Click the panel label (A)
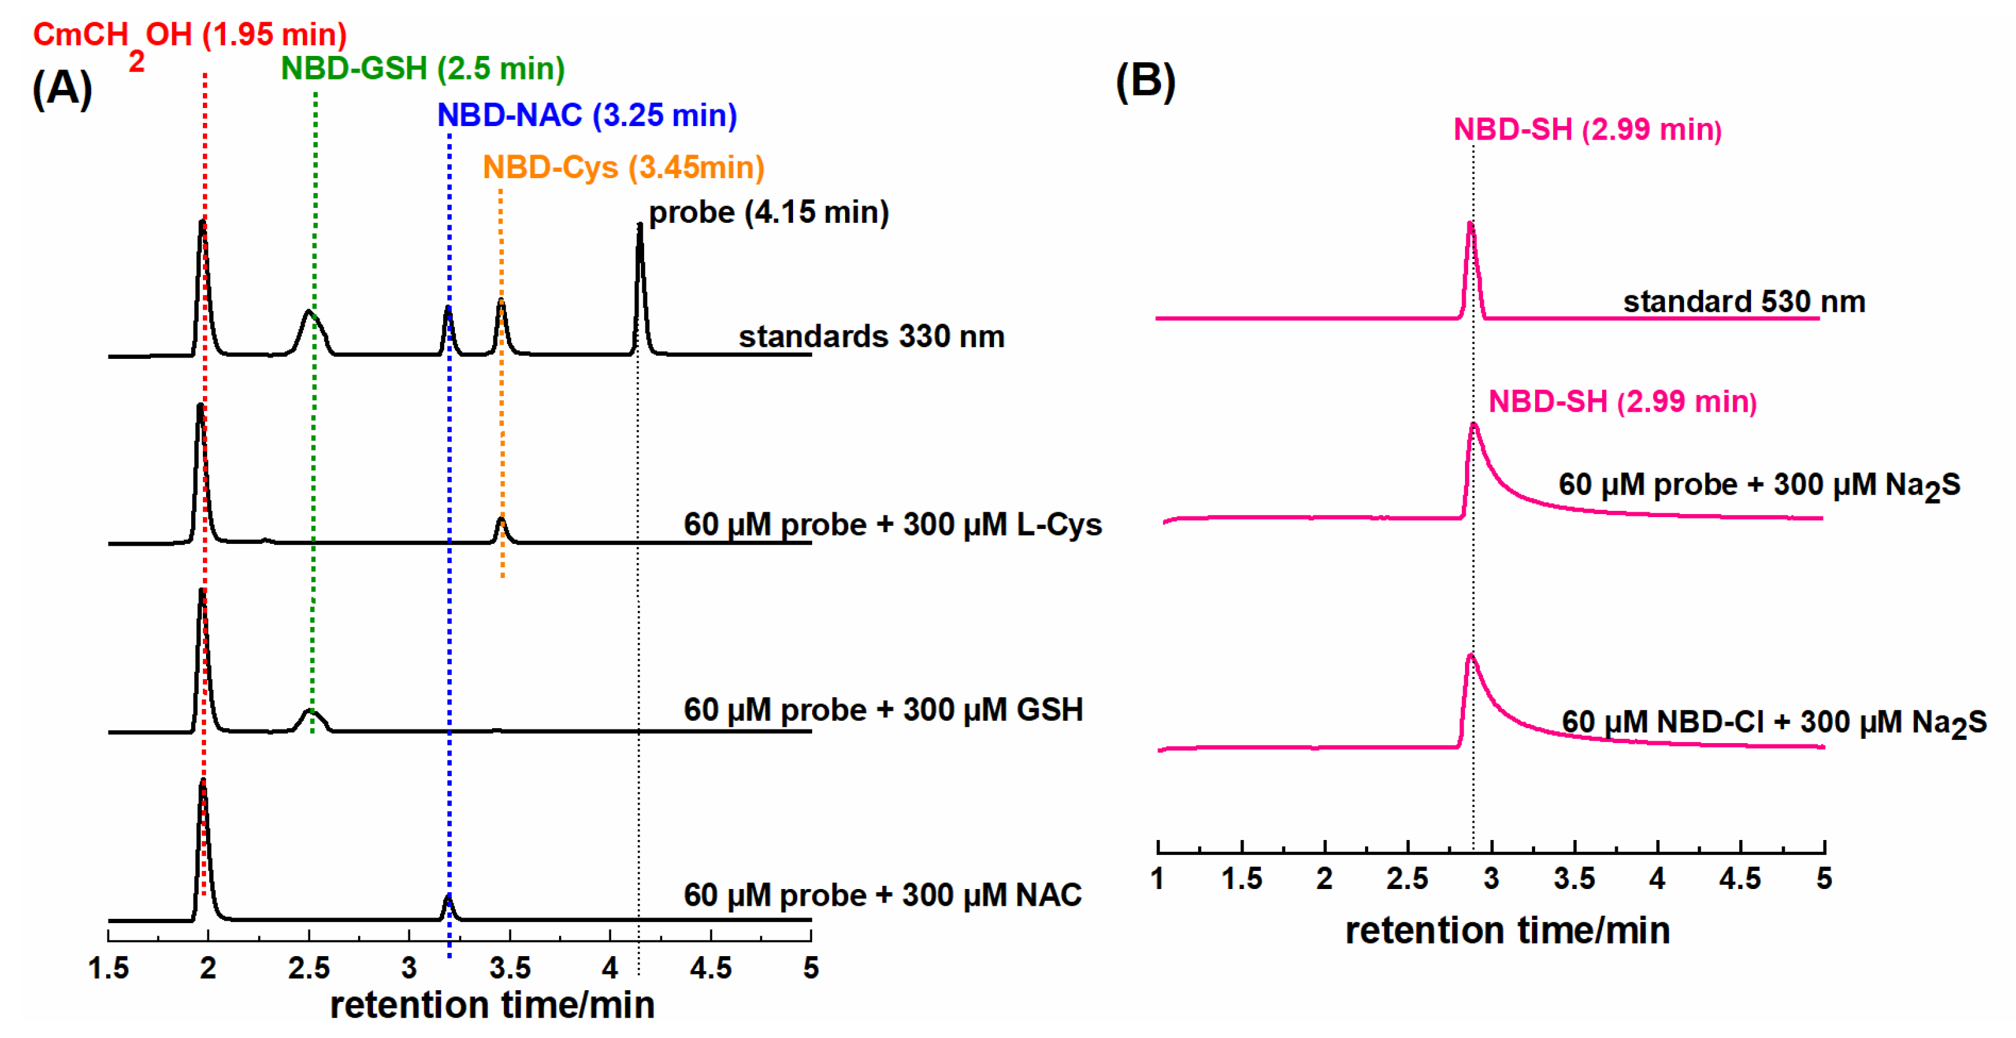pyautogui.click(x=62, y=88)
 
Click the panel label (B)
pyautogui.click(x=1145, y=81)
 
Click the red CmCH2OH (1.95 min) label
pyautogui.click(x=189, y=36)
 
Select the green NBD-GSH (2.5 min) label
pyautogui.click(x=423, y=69)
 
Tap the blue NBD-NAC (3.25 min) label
pyautogui.click(x=587, y=116)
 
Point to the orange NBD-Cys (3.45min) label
pyautogui.click(x=623, y=168)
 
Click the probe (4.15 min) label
pyautogui.click(x=769, y=213)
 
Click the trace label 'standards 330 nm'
pyautogui.click(x=871, y=336)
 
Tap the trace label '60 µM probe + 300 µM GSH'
pyautogui.click(x=883, y=710)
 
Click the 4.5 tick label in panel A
pyautogui.click(x=710, y=968)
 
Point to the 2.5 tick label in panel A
pyautogui.click(x=309, y=968)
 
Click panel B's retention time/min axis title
pyautogui.click(x=1507, y=931)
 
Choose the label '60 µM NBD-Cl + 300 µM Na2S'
pyautogui.click(x=1773, y=723)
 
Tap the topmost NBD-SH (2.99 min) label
pyautogui.click(x=1587, y=130)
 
